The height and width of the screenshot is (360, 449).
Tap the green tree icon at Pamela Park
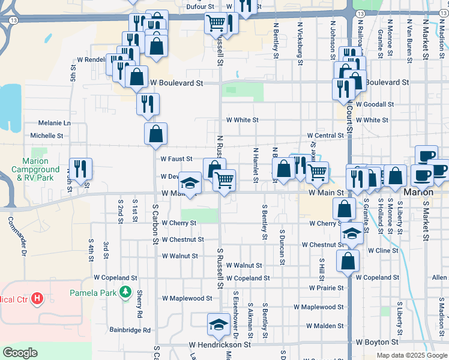125,293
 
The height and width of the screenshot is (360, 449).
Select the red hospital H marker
38,298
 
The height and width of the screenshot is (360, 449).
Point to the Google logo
20,353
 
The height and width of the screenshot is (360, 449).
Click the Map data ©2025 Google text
412,355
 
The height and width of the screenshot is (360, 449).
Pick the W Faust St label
176,159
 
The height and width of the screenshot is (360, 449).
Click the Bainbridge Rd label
130,330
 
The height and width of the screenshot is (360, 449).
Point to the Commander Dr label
17,229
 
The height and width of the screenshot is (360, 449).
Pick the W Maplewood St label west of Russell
187,298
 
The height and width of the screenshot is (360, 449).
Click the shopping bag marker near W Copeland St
348,262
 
